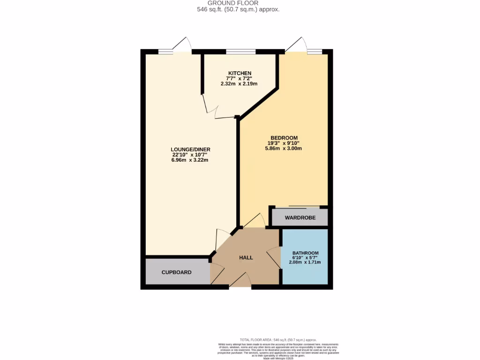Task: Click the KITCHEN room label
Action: coord(240,73)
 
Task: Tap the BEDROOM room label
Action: coord(283,137)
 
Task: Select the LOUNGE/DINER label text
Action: coord(190,149)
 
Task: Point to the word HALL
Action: coord(246,258)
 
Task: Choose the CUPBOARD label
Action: coord(176,272)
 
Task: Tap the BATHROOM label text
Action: coord(305,253)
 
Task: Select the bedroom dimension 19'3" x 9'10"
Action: coord(283,143)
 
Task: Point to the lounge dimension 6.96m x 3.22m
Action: coord(190,160)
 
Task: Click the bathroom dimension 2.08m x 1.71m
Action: coord(305,262)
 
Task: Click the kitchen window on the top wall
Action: coord(241,51)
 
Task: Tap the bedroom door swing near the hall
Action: coord(255,220)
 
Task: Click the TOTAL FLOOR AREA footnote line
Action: coord(278,339)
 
